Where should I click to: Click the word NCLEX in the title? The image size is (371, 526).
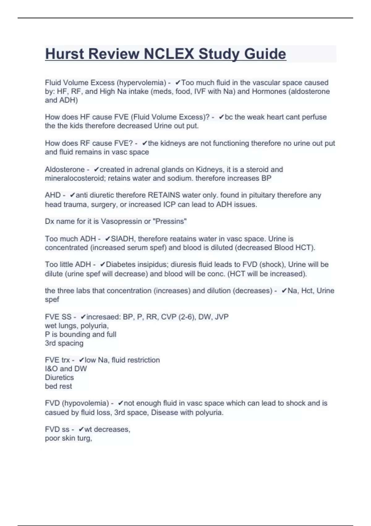click(x=169, y=54)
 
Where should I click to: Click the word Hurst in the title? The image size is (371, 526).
click(x=65, y=54)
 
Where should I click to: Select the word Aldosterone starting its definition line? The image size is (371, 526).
click(x=65, y=170)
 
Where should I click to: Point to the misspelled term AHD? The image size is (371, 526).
click(x=53, y=195)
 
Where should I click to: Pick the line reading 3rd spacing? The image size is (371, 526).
click(x=64, y=343)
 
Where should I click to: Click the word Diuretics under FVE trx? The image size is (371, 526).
click(x=59, y=377)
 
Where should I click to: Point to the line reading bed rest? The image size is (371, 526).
click(x=58, y=386)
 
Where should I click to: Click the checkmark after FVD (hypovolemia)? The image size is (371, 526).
click(x=121, y=403)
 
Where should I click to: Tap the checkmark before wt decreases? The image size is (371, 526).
click(x=81, y=429)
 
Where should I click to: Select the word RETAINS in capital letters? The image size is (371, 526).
click(x=164, y=195)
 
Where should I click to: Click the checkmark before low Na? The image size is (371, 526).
click(x=81, y=360)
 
